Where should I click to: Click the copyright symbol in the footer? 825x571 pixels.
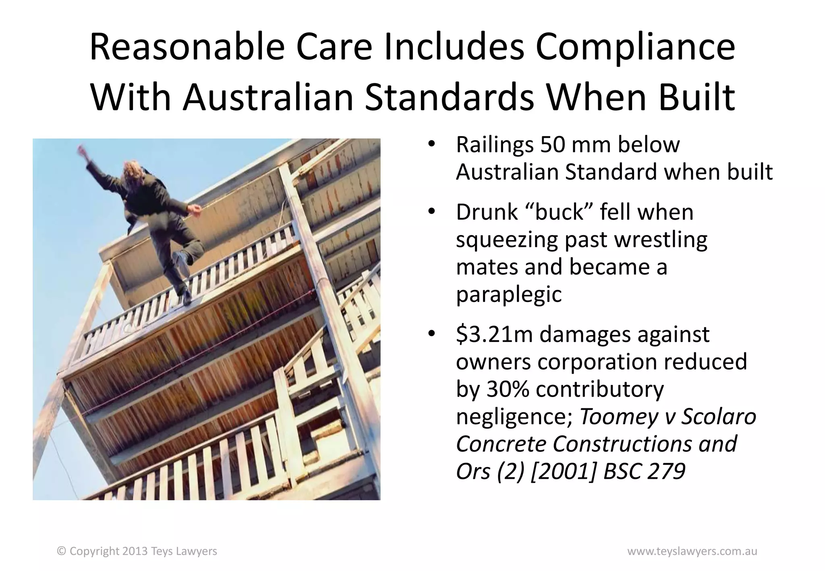pos(62,551)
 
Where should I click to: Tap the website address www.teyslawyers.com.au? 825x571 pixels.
pos(692,551)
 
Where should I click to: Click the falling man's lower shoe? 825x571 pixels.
pos(186,298)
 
